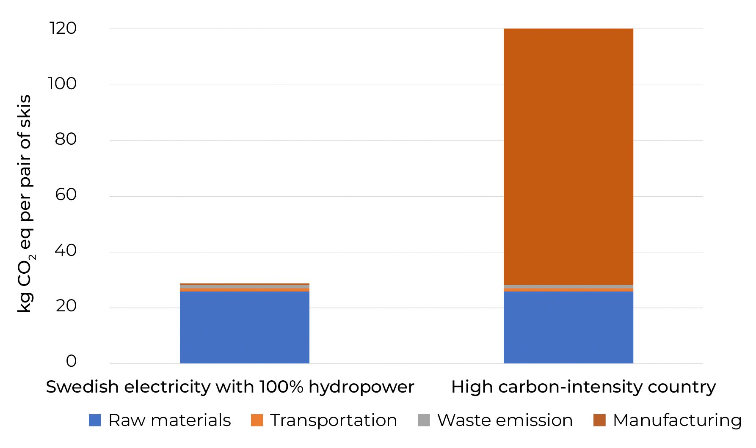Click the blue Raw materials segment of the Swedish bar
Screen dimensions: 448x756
coord(244,327)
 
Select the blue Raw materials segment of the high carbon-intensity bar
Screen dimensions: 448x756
coord(568,327)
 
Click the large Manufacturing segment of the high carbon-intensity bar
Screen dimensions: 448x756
coord(568,157)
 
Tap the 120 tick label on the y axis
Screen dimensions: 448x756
coord(63,28)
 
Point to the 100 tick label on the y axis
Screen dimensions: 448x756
coord(62,84)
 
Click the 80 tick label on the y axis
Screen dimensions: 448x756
coord(66,139)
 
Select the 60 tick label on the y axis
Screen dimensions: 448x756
coord(66,195)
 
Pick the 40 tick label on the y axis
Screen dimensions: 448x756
coord(66,250)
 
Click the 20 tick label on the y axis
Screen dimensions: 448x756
coord(66,306)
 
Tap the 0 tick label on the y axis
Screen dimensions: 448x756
coord(71,361)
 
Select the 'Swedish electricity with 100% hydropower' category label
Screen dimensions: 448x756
coord(230,387)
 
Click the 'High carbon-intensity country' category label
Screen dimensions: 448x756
coord(583,387)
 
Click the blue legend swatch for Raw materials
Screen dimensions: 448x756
coord(95,420)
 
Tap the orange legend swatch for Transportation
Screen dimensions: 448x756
coord(257,420)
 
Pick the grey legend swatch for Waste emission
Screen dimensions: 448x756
coord(424,420)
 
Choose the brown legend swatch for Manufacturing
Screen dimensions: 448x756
coord(599,420)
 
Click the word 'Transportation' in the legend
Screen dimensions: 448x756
coord(334,420)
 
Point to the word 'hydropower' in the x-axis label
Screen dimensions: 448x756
coord(361,387)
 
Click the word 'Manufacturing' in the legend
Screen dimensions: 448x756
coord(677,420)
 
